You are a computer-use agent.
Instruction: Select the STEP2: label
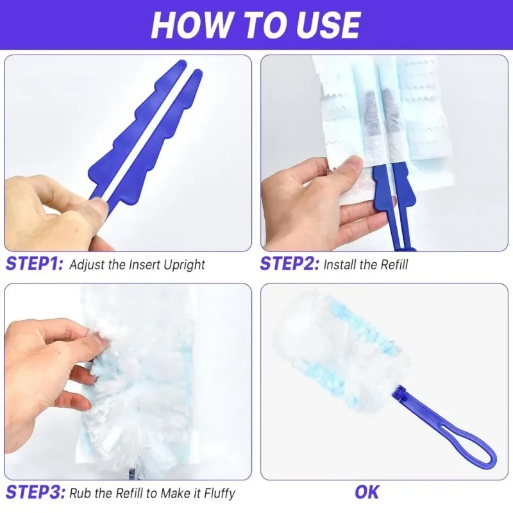pyautogui.click(x=289, y=264)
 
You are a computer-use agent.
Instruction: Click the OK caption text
pyautogui.click(x=367, y=492)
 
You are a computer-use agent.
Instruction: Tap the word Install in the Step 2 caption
pyautogui.click(x=339, y=265)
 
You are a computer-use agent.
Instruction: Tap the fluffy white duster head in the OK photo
pyautogui.click(x=333, y=349)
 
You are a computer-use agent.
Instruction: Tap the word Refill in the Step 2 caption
pyautogui.click(x=392, y=265)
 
